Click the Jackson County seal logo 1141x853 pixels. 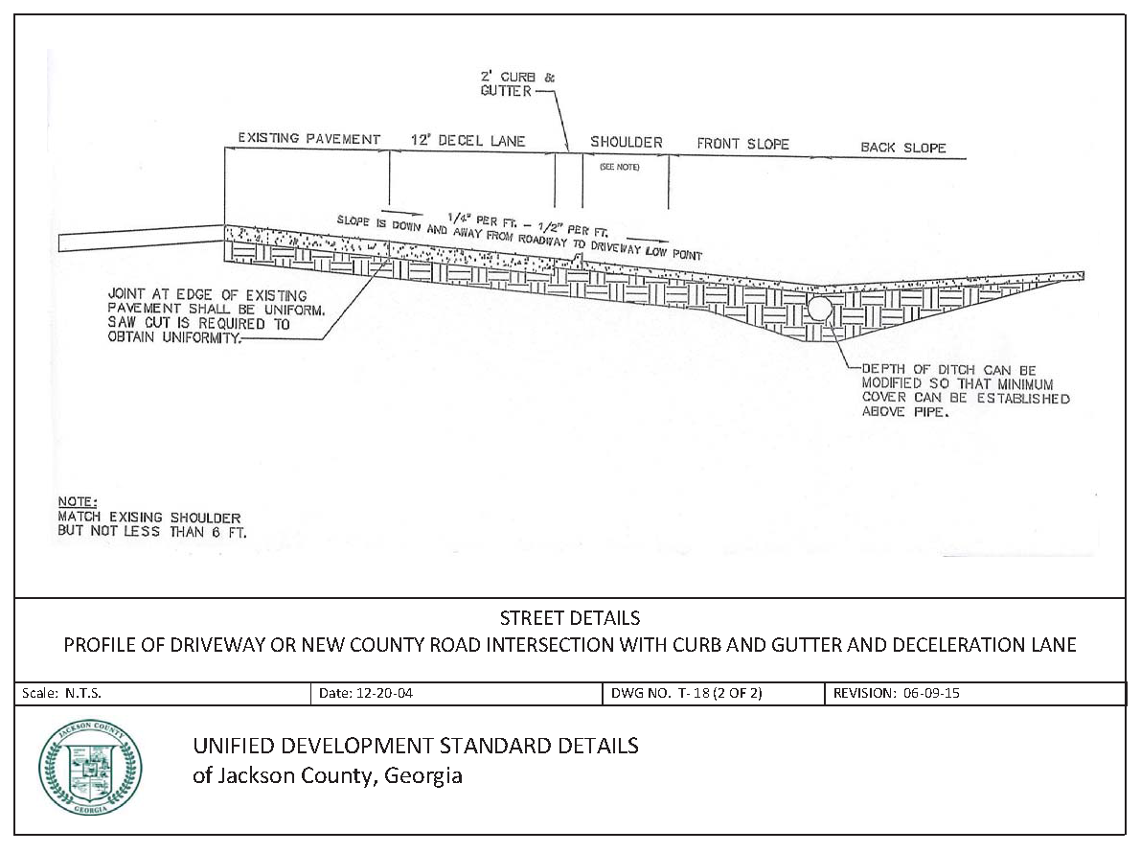pos(90,767)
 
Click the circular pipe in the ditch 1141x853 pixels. pos(819,308)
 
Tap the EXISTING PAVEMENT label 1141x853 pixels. pos(309,139)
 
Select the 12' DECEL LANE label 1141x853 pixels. pos(455,141)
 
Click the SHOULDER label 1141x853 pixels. pos(626,142)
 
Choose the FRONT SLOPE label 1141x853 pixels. pos(742,144)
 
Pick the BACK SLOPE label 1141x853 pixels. pos(902,148)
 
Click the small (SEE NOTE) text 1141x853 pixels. pos(619,167)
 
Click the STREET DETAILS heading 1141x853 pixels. pos(570,618)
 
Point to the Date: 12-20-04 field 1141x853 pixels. pos(368,694)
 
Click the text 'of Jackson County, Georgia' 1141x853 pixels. pos(328,775)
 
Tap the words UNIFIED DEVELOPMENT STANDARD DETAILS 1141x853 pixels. pos(415,746)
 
